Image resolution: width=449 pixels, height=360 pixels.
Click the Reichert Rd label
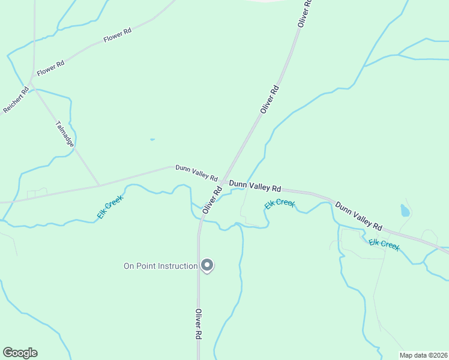click(x=16, y=101)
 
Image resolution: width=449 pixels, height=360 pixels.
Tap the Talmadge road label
click(x=63, y=134)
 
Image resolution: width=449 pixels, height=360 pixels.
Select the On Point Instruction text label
click(x=160, y=266)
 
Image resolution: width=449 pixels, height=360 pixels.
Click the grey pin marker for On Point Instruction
click(x=207, y=265)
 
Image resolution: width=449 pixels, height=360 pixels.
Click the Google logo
click(x=20, y=353)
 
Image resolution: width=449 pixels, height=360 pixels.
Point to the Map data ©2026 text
click(x=423, y=355)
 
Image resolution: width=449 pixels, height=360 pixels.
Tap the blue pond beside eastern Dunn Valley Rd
click(x=405, y=211)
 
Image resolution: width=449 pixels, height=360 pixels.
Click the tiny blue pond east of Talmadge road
click(x=152, y=140)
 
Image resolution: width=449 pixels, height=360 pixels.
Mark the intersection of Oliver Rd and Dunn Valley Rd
click(x=223, y=182)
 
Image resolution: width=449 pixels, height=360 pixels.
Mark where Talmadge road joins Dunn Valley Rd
click(x=99, y=185)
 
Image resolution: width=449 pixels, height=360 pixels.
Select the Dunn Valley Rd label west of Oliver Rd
click(x=196, y=173)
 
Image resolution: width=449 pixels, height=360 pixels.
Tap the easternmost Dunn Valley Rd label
click(x=359, y=217)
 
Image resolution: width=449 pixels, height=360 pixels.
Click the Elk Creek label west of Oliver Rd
click(x=110, y=207)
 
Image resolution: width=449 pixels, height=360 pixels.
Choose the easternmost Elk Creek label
click(x=384, y=244)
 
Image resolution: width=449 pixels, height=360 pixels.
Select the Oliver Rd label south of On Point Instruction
click(x=197, y=326)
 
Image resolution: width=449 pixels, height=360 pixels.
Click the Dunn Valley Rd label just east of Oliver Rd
click(x=255, y=187)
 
